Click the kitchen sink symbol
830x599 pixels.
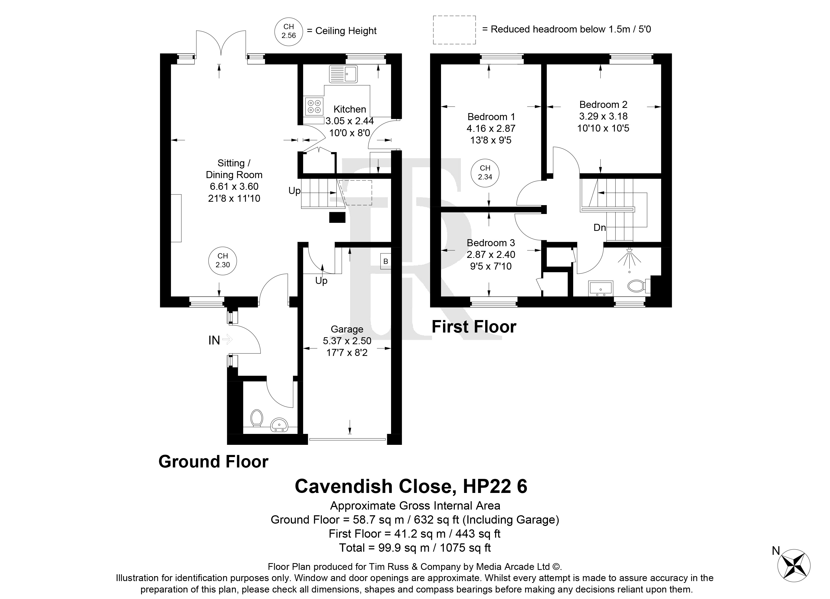(343, 74)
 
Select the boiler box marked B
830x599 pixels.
(385, 262)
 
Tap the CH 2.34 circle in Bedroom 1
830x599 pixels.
(485, 173)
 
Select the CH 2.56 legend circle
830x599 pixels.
(289, 31)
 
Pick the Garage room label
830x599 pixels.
(347, 329)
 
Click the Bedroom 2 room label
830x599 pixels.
(603, 105)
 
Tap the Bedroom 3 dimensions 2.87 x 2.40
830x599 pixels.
(491, 255)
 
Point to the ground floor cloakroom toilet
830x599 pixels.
(257, 418)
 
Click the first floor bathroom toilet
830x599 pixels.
(639, 286)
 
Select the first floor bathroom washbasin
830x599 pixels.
(600, 288)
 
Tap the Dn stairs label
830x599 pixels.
(599, 227)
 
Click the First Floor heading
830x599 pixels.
(474, 327)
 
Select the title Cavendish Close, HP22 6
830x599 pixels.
(411, 486)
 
